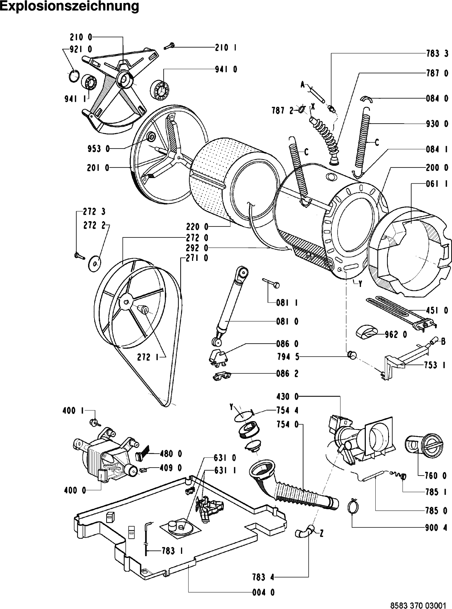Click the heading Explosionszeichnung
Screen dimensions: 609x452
pyautogui.click(x=70, y=7)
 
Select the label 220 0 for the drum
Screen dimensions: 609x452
pyautogui.click(x=197, y=227)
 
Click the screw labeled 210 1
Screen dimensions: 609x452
pyautogui.click(x=169, y=46)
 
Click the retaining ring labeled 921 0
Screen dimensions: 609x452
pyautogui.click(x=74, y=75)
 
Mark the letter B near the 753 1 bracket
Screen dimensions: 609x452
pyautogui.click(x=443, y=341)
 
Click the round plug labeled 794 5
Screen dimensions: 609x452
pyautogui.click(x=351, y=355)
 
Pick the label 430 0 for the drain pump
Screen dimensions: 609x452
pyautogui.click(x=287, y=396)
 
